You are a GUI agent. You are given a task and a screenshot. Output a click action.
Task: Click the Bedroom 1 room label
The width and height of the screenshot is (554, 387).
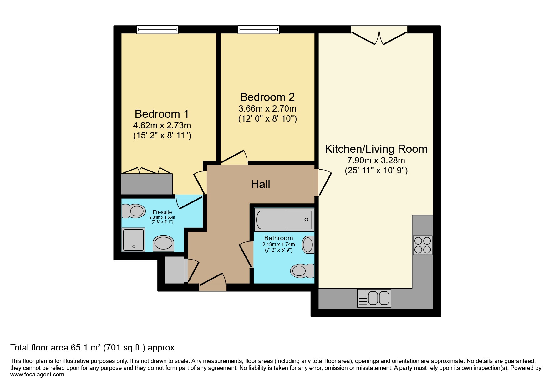pos(162,114)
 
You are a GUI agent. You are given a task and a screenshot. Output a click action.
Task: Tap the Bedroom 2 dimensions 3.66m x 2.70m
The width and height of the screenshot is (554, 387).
pos(267,109)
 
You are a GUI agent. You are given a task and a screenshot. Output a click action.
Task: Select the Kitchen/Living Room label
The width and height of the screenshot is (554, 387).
pos(376,149)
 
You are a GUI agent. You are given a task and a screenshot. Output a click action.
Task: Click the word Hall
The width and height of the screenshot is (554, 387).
pos(261,184)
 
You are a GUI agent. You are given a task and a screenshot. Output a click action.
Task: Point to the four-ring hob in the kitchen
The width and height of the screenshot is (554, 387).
pos(422,245)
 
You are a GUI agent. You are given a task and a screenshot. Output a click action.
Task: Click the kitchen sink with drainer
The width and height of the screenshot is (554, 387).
pos(374,298)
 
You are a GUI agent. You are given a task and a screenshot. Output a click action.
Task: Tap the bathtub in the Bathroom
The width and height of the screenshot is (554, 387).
pos(284,220)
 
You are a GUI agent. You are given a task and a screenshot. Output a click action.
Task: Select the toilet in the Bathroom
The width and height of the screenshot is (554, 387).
pos(302,270)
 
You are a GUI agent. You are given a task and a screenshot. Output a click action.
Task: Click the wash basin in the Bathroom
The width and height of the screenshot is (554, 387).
pos(308,245)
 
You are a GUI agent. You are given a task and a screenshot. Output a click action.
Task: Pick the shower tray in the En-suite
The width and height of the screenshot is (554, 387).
pos(134,239)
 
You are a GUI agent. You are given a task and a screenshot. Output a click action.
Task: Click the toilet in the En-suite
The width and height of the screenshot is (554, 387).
pos(133,211)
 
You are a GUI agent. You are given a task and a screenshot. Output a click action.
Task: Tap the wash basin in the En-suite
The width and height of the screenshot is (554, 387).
pos(163,244)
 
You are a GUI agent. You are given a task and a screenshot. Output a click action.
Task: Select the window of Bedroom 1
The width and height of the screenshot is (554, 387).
pos(157,30)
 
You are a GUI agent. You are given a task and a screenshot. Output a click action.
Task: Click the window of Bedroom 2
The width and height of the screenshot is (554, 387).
pos(258,30)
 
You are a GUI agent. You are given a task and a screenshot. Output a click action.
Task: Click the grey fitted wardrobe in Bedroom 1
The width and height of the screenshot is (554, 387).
pos(147,184)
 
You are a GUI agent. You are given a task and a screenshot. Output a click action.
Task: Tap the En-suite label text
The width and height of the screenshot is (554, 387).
pos(162,212)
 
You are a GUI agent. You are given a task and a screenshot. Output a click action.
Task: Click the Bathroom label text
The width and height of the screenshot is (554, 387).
pos(278,238)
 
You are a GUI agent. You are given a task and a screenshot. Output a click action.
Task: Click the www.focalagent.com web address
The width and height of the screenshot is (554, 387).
pos(37,375)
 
